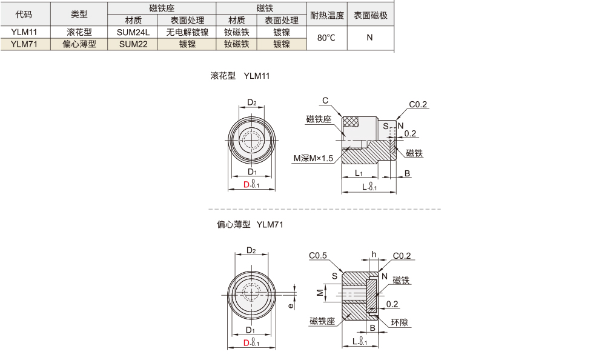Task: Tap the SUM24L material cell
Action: (133, 32)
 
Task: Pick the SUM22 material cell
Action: (133, 44)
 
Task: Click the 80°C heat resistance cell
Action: (326, 38)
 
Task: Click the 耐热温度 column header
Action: (326, 15)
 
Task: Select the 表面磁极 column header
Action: (370, 15)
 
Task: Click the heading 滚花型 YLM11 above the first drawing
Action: (240, 76)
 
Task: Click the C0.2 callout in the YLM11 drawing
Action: (418, 105)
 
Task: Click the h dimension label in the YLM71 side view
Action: (374, 254)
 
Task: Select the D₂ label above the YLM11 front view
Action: (252, 102)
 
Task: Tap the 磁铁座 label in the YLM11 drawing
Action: (319, 119)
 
